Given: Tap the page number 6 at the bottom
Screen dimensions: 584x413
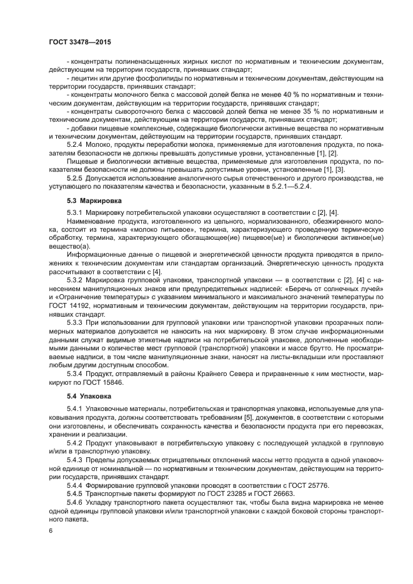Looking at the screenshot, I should tap(51, 530).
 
